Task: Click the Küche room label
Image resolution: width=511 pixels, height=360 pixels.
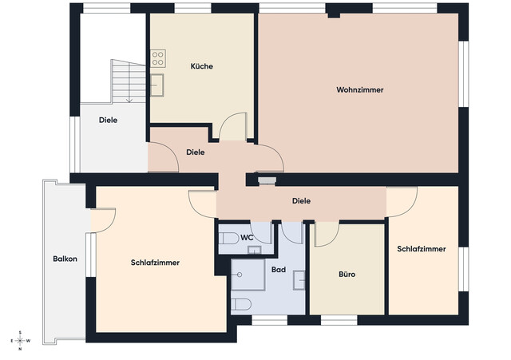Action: [201, 66]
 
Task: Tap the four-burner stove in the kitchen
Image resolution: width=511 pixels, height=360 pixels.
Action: [158, 58]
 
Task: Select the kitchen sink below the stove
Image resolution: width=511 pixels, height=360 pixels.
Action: [158, 81]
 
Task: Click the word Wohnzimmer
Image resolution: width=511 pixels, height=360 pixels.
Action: [360, 90]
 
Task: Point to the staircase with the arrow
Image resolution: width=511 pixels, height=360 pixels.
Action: [126, 81]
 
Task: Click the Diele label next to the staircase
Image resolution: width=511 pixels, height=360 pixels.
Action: [109, 121]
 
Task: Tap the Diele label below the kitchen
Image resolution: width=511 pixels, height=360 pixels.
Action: [195, 152]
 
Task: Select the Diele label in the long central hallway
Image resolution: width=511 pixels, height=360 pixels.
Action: [301, 201]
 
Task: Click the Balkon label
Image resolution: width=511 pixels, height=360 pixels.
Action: [65, 259]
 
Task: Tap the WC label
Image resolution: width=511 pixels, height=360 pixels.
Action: [248, 237]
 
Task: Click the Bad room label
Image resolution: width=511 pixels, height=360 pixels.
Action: [279, 270]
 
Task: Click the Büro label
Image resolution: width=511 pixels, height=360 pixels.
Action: [347, 274]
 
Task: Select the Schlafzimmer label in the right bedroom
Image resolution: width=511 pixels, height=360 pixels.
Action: [421, 249]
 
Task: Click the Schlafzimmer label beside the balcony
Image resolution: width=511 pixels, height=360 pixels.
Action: [155, 263]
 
